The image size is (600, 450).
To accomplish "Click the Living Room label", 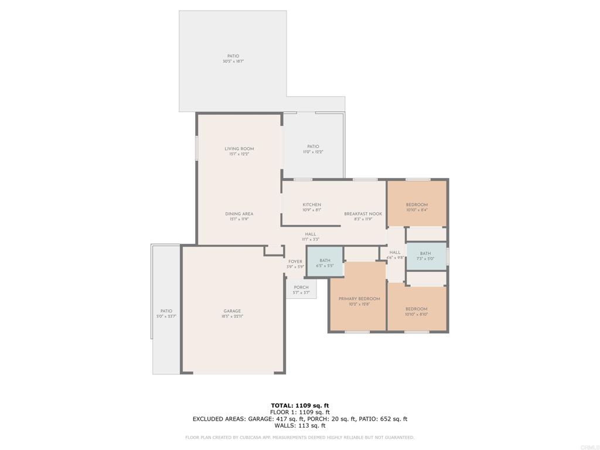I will coord(239,151).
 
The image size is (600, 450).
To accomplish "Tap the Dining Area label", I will coord(239,216).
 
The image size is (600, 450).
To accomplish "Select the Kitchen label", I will coord(312,207).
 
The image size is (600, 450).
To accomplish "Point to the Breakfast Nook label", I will coord(363,216).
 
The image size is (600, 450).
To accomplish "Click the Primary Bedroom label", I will coord(359,301).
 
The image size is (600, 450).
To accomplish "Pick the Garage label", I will coord(232,313).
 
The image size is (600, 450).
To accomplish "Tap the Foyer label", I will coord(295,264).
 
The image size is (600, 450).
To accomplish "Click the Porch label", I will coord(301,289).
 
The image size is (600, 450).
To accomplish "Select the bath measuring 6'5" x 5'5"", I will coord(325,262).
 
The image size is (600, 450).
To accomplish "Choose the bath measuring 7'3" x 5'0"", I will coord(425,256).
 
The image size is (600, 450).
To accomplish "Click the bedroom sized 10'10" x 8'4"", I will coord(417,207).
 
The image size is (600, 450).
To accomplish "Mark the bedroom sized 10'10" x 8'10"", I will coord(417,311).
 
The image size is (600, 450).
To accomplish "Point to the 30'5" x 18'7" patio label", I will coord(233,59).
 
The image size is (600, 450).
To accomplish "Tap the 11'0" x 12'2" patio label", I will coord(313,149).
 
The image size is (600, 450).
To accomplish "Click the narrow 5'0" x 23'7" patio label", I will coord(166,313).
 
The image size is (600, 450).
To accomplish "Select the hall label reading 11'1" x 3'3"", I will coord(311,237).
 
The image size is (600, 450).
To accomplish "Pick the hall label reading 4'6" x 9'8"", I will coord(395,254).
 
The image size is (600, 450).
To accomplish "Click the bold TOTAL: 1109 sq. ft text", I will coord(300,405).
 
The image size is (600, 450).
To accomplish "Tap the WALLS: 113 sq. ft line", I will coord(300,425).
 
